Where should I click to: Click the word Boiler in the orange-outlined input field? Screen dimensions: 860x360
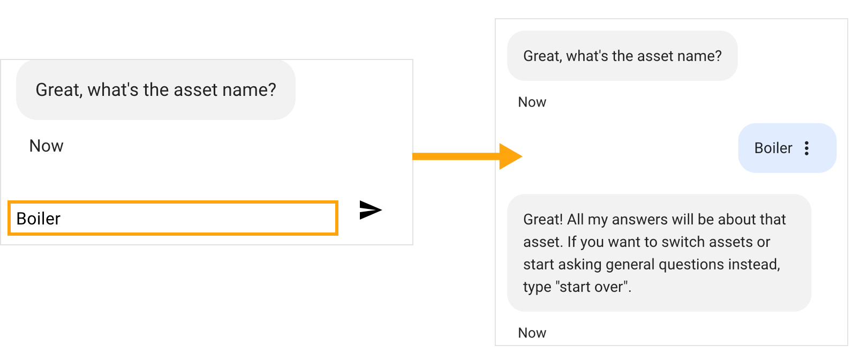pyautogui.click(x=39, y=219)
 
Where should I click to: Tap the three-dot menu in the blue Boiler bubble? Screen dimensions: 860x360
pyautogui.click(x=806, y=148)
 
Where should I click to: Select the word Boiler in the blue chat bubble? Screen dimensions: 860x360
pyautogui.click(x=773, y=148)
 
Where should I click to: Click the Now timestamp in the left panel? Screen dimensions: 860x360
pyautogui.click(x=47, y=146)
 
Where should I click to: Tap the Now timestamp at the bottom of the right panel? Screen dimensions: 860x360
pyautogui.click(x=532, y=333)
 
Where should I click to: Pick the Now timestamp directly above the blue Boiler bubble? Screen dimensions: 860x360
pyautogui.click(x=532, y=102)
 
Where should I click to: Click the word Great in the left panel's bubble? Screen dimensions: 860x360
pyautogui.click(x=58, y=91)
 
